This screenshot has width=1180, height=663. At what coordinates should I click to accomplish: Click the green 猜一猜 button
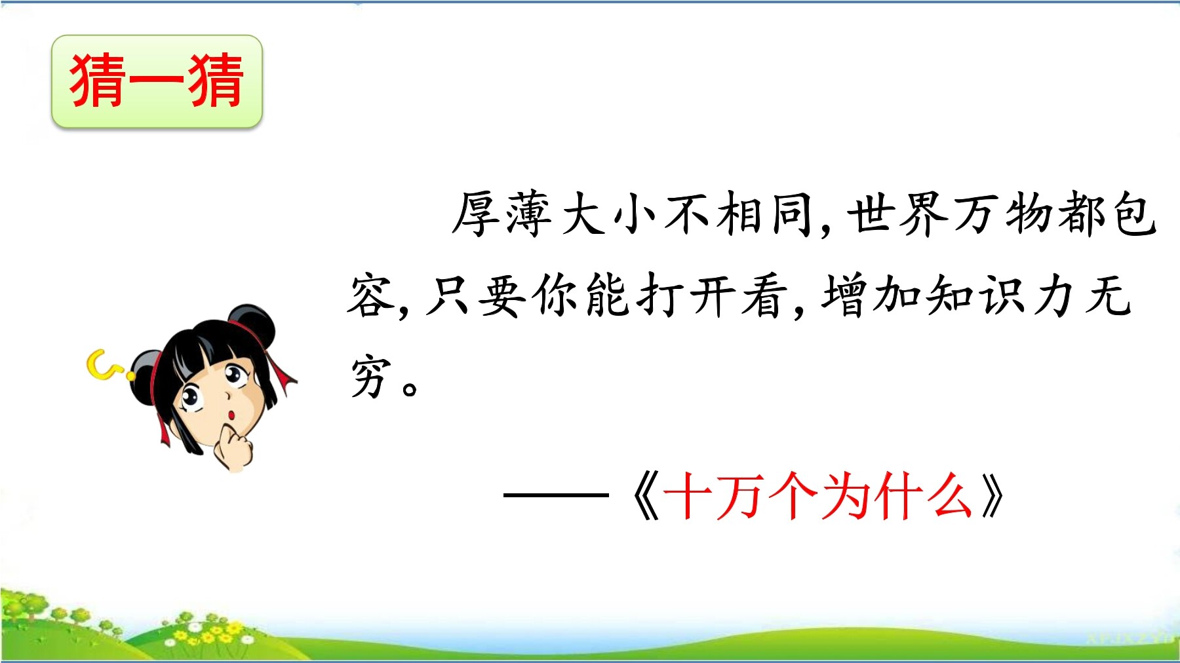(157, 81)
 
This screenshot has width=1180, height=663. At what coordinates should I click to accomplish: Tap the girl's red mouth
(231, 415)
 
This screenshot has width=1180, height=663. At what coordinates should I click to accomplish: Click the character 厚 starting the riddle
(477, 214)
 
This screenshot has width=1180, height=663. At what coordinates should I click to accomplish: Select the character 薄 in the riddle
(529, 214)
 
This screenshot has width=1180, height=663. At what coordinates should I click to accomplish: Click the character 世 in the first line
(871, 214)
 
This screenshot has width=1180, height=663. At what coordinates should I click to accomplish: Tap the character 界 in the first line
(924, 214)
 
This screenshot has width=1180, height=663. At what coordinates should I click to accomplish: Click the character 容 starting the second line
(371, 295)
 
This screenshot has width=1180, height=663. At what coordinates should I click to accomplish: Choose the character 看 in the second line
(764, 295)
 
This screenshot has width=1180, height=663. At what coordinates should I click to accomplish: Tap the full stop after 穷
(410, 388)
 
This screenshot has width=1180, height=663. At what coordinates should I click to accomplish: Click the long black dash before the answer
(556, 495)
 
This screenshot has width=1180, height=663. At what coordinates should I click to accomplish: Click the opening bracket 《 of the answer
(645, 497)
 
